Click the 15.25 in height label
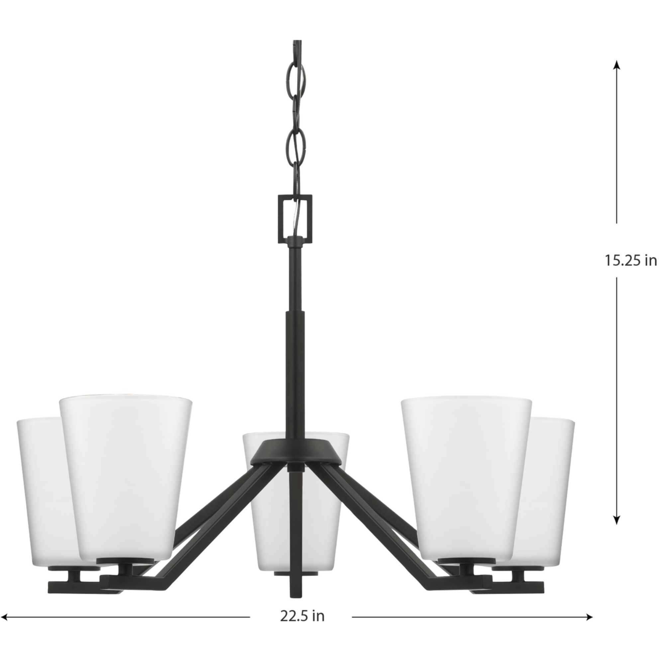[x=630, y=260]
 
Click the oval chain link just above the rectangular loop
[x=295, y=174]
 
